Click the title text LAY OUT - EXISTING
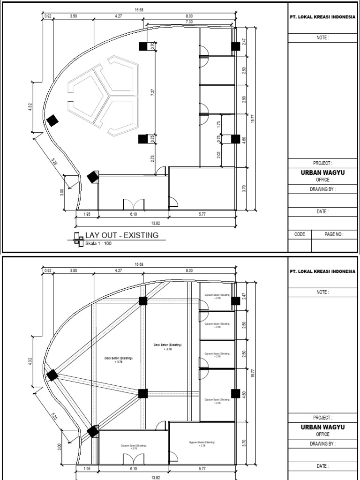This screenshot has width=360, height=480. click(121, 235)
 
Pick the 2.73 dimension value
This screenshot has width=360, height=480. click(152, 158)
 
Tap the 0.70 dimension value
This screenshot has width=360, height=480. click(152, 46)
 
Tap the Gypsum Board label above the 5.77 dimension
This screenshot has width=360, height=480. click(202, 443)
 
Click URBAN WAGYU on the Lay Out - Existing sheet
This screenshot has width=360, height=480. click(322, 172)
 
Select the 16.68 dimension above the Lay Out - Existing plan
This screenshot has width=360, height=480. click(139, 10)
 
